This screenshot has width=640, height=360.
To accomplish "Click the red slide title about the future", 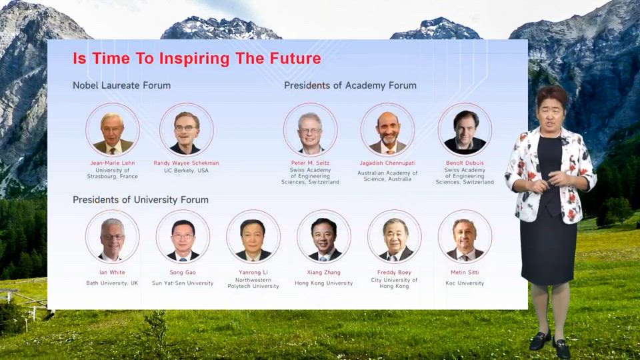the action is click(x=197, y=59).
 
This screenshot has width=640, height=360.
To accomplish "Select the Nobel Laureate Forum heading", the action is click(x=121, y=85).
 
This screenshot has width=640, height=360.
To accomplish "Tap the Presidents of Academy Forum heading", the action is click(x=350, y=85).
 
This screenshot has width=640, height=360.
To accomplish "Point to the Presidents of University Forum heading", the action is click(x=141, y=199).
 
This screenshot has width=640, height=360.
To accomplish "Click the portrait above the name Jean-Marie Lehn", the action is click(x=113, y=130).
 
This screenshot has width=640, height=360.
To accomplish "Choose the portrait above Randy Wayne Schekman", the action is click(x=187, y=130).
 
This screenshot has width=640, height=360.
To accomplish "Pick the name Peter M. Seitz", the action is click(x=310, y=163).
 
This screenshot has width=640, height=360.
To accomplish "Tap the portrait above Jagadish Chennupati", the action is click(x=387, y=130).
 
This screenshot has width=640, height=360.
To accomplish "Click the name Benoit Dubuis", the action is click(x=465, y=163).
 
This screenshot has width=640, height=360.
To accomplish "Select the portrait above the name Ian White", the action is click(x=112, y=237).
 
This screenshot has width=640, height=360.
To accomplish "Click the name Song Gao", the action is click(x=183, y=272).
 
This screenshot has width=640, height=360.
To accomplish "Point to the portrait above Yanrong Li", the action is click(x=253, y=237).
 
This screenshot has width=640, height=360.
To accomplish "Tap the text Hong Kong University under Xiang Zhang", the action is click(x=324, y=283).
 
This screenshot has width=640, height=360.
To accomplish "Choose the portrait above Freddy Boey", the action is click(x=394, y=237).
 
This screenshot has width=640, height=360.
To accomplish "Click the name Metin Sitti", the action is click(x=465, y=272).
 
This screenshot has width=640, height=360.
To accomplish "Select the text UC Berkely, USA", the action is click(x=186, y=171).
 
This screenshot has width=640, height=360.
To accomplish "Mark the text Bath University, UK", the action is click(x=112, y=283).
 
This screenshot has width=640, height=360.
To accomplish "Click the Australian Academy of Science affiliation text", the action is click(x=387, y=176).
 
